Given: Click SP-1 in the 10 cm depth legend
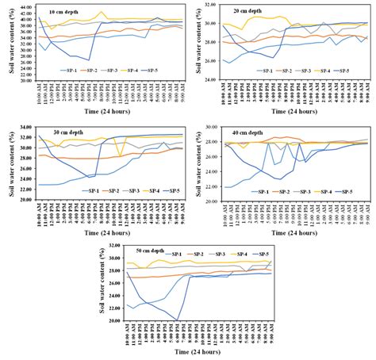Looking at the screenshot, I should [x=67, y=71].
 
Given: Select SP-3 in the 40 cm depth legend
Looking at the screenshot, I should [x=294, y=192].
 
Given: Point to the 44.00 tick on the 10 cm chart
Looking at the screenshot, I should [x=26, y=6].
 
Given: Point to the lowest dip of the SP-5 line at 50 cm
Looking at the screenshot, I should [x=178, y=320].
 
